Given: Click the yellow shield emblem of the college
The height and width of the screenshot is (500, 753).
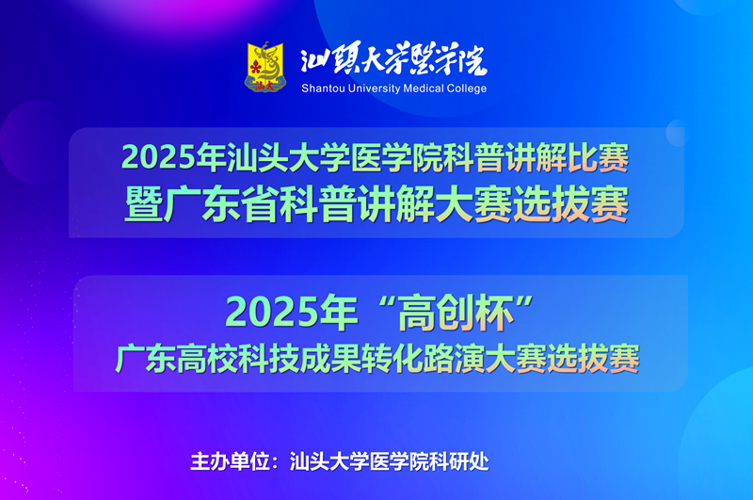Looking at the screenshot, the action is (265, 67).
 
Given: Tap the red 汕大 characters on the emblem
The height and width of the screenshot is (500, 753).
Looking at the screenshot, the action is (264, 86).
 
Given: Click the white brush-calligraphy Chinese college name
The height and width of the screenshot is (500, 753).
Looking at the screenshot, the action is (393, 59).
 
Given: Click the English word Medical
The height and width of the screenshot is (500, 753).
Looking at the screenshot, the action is (424, 89).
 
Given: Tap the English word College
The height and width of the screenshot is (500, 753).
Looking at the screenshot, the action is (467, 89).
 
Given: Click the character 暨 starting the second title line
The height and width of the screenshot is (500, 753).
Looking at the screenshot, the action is (143, 204).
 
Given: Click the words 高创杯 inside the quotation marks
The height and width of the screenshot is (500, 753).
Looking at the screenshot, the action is (456, 313).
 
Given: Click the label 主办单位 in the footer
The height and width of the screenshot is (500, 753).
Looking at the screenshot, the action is (230, 461).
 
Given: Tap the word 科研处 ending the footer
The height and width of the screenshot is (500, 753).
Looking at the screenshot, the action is (459, 461).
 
